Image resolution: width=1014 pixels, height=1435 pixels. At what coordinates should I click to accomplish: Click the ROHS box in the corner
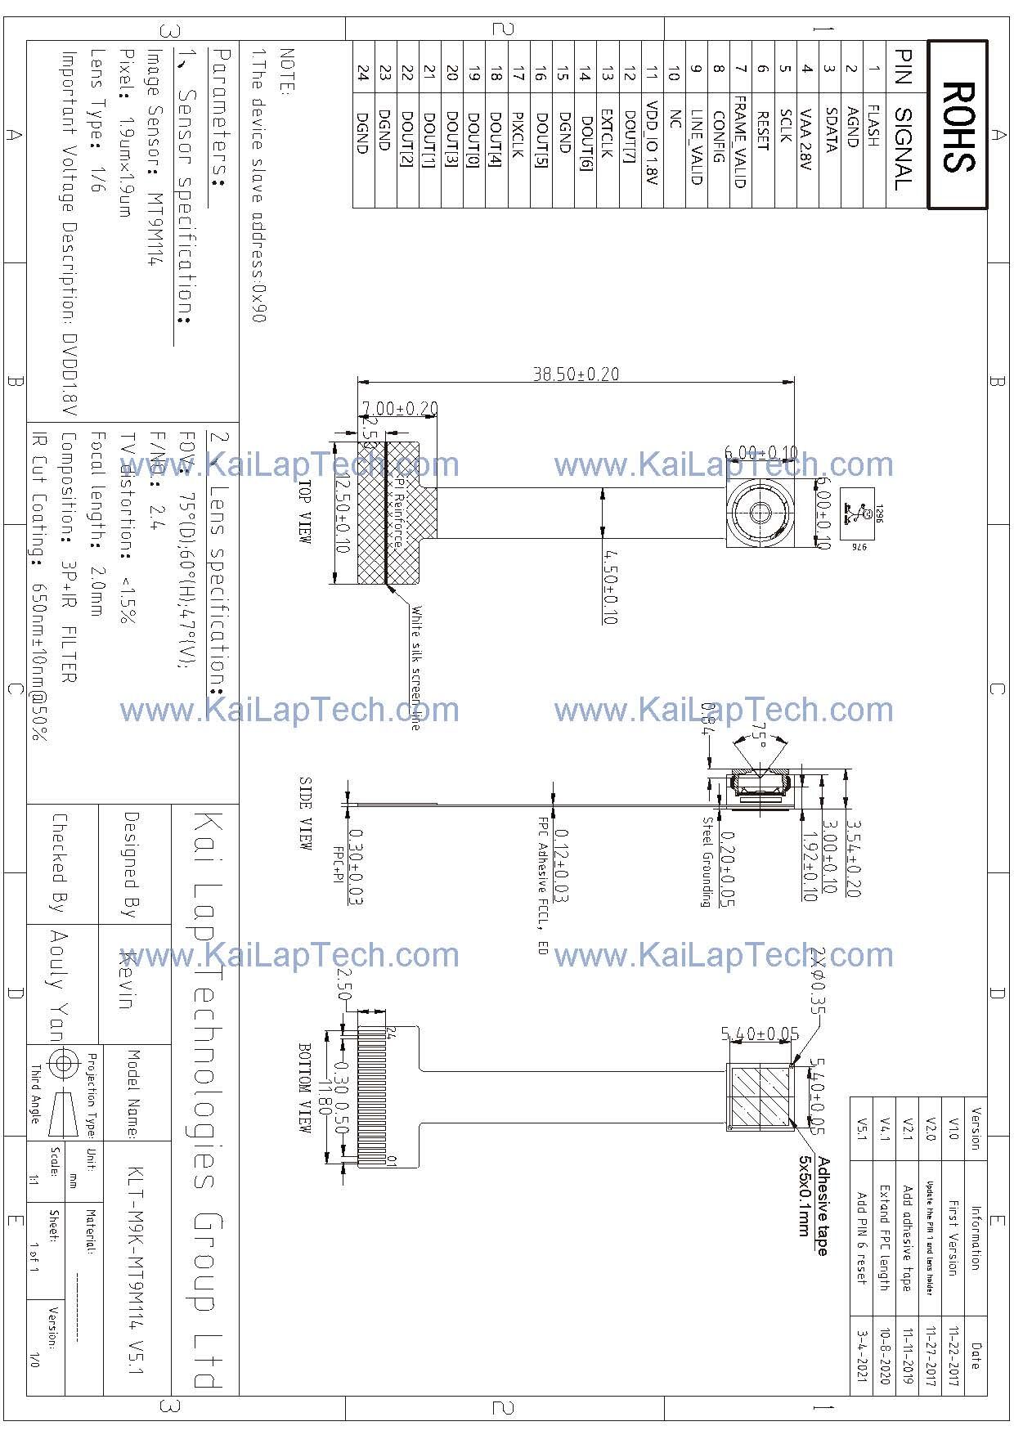pyautogui.click(x=958, y=125)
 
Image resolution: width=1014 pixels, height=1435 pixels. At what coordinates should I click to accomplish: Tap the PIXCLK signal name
pyautogui.click(x=517, y=136)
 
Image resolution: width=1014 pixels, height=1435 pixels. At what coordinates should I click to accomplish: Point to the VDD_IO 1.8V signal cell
pyautogui.click(x=652, y=143)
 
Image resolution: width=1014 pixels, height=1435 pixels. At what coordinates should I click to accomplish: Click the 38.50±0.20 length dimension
pyautogui.click(x=576, y=374)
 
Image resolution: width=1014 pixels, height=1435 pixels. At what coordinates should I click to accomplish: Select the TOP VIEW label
pyautogui.click(x=304, y=512)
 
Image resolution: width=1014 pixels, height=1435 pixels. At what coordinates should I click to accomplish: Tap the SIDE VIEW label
pyautogui.click(x=304, y=814)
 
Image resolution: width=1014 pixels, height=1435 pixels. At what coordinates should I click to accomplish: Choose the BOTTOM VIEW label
pyautogui.click(x=304, y=1087)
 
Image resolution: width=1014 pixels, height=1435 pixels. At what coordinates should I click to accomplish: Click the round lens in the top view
pyautogui.click(x=760, y=513)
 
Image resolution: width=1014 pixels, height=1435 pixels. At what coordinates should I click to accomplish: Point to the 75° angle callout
pyautogui.click(x=760, y=735)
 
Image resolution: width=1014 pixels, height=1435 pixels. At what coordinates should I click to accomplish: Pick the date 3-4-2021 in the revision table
pyautogui.click(x=860, y=1355)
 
